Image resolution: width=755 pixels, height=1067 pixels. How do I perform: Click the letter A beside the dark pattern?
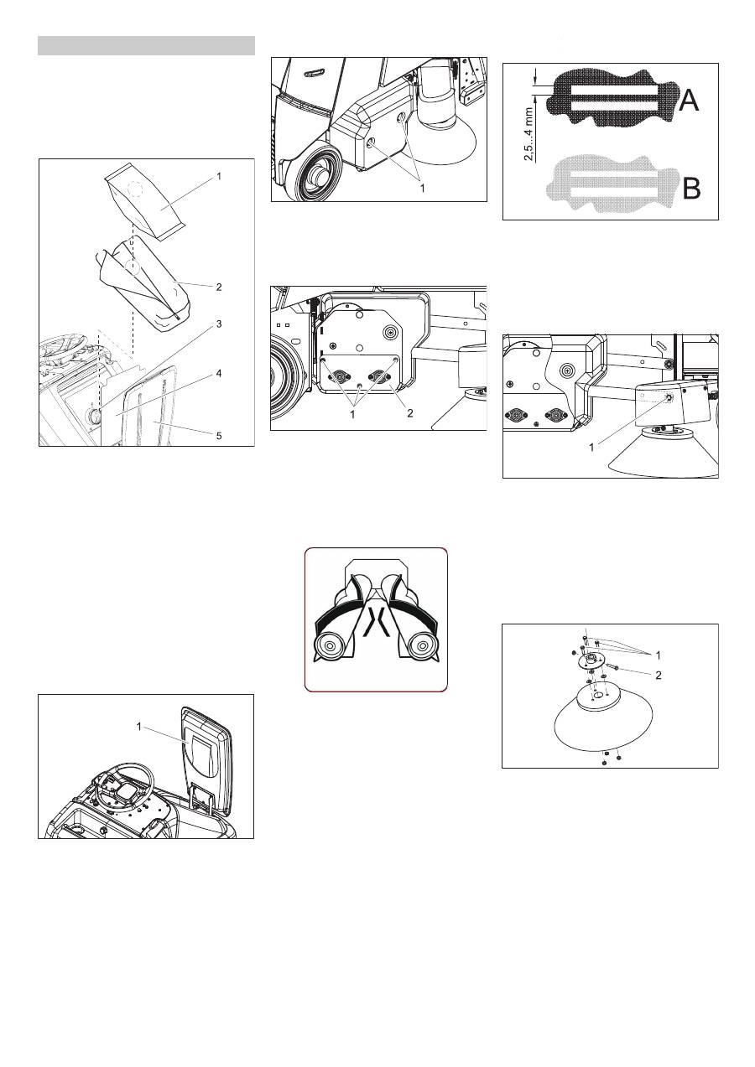point(688,101)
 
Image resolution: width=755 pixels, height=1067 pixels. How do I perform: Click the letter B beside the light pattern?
point(691,188)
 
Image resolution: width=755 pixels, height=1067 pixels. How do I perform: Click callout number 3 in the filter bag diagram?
point(218,324)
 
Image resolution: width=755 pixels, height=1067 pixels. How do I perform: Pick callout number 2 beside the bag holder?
point(218,287)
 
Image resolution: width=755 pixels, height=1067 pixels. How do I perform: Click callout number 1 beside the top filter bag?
point(218,178)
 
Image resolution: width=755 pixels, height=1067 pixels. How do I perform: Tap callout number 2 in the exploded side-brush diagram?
point(659,675)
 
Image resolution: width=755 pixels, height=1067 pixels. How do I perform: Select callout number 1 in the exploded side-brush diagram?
point(659,653)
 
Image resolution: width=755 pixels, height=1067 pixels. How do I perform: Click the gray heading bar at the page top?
point(146,45)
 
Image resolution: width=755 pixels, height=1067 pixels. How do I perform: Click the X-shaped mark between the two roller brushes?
point(375,625)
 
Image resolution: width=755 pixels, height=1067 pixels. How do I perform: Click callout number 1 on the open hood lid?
point(140,727)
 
